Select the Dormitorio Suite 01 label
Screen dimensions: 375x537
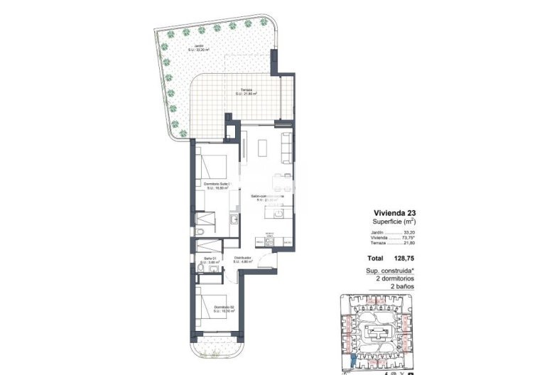(218, 186)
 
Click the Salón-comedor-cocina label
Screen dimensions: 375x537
(268, 197)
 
